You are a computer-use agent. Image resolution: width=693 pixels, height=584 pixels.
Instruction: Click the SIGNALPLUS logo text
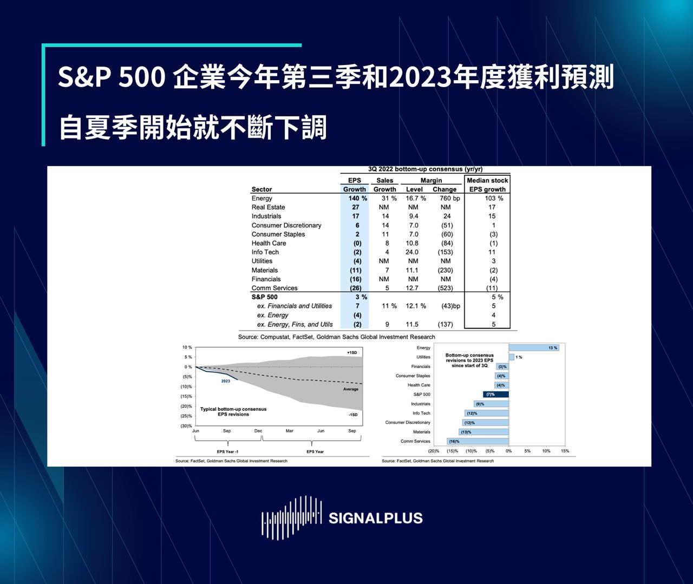375,518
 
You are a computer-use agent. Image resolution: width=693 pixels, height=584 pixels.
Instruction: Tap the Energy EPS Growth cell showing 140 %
357,198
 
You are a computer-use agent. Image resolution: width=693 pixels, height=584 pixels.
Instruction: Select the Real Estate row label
268,207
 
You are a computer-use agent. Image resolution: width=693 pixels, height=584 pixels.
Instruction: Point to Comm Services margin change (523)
445,288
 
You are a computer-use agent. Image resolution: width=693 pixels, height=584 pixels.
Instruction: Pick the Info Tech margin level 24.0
412,252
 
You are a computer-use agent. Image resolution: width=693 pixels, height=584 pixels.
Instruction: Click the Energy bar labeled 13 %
533,347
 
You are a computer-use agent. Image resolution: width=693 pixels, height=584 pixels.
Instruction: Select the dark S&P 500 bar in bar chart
495,395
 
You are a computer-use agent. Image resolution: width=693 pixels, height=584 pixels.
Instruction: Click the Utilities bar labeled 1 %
512,357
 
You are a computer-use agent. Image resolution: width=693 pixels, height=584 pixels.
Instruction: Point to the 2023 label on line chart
225,381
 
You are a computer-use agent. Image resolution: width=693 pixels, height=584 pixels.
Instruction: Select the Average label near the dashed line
350,389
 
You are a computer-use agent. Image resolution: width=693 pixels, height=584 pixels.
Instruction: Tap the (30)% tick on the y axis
186,426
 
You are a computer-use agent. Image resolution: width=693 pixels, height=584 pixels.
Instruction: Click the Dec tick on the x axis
258,431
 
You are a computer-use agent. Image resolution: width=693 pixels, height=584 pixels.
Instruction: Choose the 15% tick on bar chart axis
565,451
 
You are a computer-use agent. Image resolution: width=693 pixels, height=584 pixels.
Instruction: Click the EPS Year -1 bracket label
227,451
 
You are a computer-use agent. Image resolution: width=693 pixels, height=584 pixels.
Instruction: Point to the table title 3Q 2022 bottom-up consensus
425,169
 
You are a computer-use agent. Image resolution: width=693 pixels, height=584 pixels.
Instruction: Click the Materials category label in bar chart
421,432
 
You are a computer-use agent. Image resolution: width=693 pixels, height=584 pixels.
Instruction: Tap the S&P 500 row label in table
264,297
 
